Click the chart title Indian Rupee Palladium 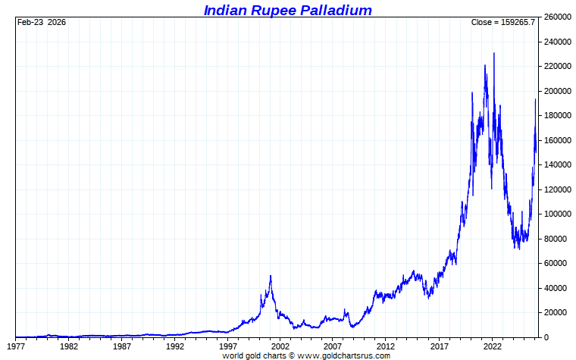point(287,10)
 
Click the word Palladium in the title point(333,10)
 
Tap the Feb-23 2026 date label point(42,22)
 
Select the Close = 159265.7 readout point(502,22)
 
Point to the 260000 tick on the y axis point(558,17)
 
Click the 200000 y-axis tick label point(558,91)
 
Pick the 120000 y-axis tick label point(558,189)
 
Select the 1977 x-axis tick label point(16,346)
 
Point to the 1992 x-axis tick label point(175,346)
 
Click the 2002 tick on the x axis point(281,346)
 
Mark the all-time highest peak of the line point(494,53)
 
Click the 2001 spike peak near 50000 point(271,276)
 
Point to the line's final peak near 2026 point(535,99)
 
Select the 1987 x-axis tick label point(122,346)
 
